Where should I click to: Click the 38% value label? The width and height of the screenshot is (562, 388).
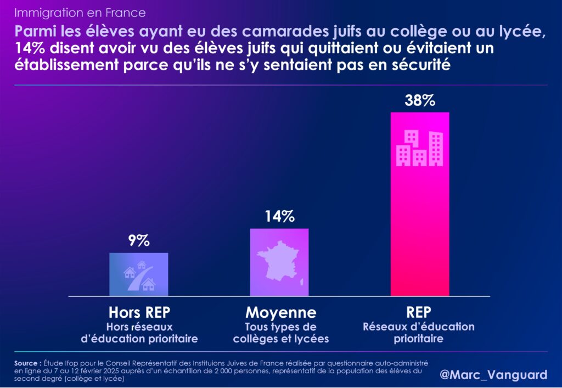(x=420, y=101)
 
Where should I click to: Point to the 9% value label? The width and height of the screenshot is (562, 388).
(x=139, y=241)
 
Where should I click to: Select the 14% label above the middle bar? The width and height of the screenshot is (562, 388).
(x=279, y=217)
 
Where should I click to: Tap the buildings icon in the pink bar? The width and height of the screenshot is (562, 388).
(x=420, y=148)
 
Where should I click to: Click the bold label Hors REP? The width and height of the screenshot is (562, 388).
(x=139, y=313)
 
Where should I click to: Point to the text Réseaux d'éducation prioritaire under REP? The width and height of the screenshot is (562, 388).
(x=419, y=333)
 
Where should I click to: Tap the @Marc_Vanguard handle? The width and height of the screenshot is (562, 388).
(x=494, y=375)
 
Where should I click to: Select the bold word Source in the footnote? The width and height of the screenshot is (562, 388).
(x=26, y=363)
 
